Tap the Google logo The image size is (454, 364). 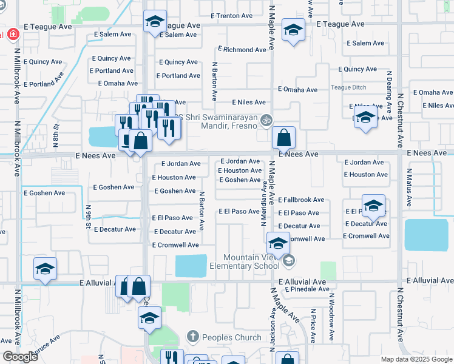(x=20, y=357)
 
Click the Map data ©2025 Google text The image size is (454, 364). (x=416, y=359)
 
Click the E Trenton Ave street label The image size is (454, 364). (x=231, y=15)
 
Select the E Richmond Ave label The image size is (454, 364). (x=242, y=49)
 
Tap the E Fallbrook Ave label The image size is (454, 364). (x=301, y=200)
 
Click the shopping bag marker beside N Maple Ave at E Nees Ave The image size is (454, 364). (x=283, y=139)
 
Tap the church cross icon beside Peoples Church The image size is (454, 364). (x=192, y=336)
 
